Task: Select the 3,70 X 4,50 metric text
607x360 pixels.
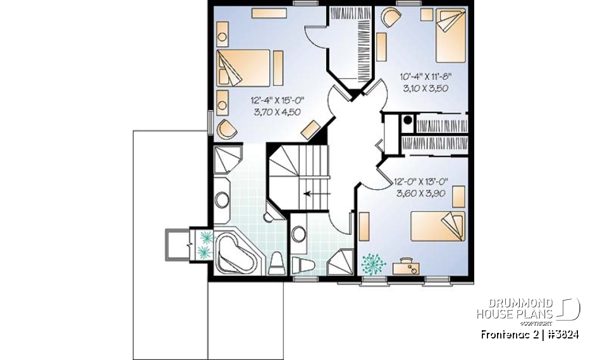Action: [x=277, y=112]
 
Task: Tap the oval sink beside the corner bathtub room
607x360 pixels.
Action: [x=222, y=201]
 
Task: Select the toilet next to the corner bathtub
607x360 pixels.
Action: [x=276, y=264]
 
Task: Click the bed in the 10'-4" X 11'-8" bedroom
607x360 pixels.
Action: [x=451, y=35]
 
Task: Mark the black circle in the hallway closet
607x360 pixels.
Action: [x=408, y=120]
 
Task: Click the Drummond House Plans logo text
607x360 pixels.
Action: [x=515, y=309]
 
